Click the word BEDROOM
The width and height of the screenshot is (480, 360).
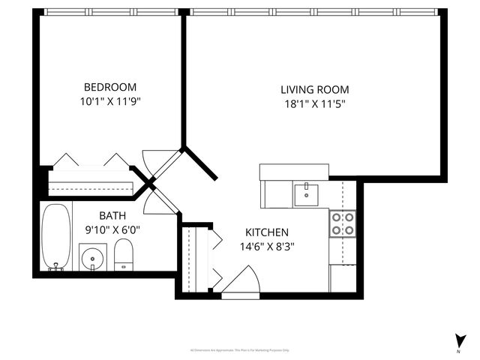(109, 86)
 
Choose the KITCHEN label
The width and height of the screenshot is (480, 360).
(267, 232)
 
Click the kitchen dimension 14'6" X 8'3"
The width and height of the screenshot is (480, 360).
(267, 246)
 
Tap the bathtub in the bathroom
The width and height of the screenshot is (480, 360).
(55, 236)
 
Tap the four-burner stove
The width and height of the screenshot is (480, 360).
(343, 224)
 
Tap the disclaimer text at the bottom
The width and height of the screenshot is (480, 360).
(240, 349)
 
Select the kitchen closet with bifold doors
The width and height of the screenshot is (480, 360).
(197, 259)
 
